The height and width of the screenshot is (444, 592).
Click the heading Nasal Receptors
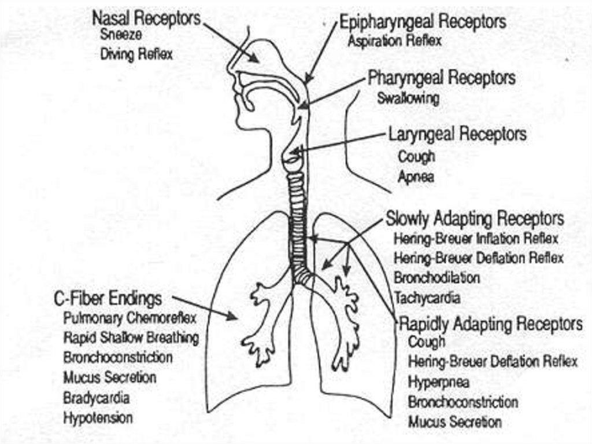[146, 19]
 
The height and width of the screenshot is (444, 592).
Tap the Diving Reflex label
[136, 55]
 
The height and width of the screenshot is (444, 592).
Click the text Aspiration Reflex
[395, 41]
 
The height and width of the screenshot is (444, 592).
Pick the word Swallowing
[408, 98]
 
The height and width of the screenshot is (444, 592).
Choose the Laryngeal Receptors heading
[457, 134]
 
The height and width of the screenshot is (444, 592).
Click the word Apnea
[416, 177]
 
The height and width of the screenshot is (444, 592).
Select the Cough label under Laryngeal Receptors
[416, 156]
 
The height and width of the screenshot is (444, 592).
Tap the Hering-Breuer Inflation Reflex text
[476, 238]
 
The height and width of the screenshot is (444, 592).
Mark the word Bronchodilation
[437, 277]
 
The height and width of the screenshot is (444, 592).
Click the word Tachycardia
[427, 298]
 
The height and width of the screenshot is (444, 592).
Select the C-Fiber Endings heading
[108, 299]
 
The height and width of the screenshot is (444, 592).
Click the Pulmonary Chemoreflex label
[130, 318]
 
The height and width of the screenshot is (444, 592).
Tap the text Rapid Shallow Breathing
[131, 337]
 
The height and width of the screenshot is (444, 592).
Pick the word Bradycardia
[97, 398]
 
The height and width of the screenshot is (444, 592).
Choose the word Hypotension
[98, 417]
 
